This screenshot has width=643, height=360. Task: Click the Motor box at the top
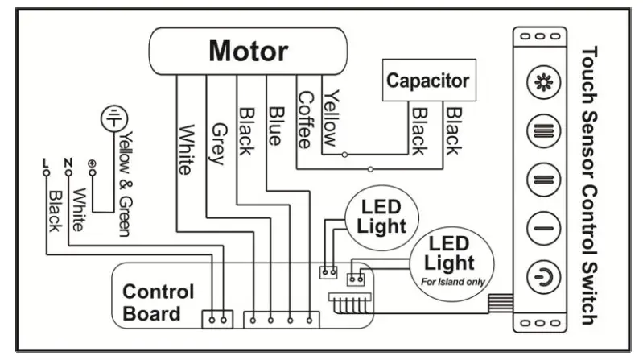point(249,52)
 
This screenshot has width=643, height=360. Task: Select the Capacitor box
point(427,81)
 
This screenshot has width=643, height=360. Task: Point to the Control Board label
point(158,302)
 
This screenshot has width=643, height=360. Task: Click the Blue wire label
point(274,126)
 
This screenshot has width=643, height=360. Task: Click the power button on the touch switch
point(538,276)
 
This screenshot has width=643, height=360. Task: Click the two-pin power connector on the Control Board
point(216,320)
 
